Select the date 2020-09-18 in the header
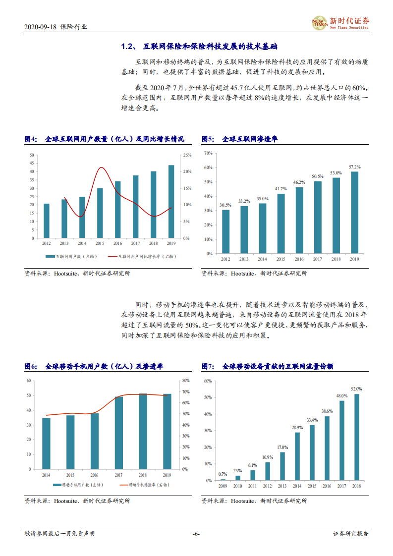click(x=40, y=27)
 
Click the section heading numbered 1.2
click(x=200, y=47)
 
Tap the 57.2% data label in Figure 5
click(x=354, y=167)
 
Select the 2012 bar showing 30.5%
click(x=225, y=231)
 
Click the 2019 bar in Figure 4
click(x=171, y=202)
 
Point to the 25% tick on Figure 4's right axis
click(x=188, y=155)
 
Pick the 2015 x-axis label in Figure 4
click(x=100, y=243)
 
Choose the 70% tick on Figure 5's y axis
click(x=208, y=153)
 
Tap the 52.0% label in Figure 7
click(x=356, y=389)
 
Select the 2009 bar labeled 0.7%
click(x=223, y=479)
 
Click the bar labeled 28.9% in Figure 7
click(x=297, y=456)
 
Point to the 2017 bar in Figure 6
click(x=119, y=433)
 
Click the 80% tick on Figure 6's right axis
click(x=186, y=381)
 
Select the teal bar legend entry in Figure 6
click(x=74, y=484)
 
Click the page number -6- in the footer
click(x=196, y=534)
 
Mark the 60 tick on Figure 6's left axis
click(x=28, y=381)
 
